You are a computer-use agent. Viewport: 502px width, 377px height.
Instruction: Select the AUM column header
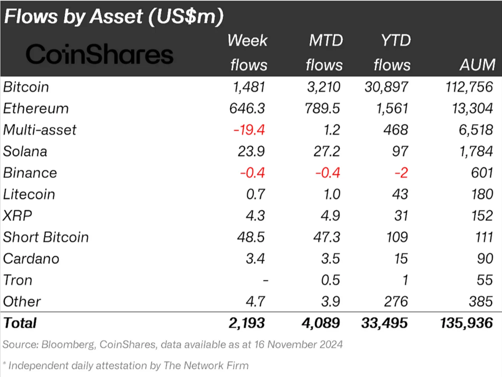[477, 65]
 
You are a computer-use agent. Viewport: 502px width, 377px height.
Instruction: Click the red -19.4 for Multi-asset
[249, 130]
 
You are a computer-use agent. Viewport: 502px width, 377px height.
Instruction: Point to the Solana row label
[25, 151]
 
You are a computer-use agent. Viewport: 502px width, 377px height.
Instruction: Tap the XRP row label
[18, 215]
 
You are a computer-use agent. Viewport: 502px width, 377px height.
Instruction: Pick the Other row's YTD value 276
[394, 301]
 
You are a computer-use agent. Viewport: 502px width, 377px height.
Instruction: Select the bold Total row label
[20, 323]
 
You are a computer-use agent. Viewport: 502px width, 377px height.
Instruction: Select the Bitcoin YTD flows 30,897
[387, 87]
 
